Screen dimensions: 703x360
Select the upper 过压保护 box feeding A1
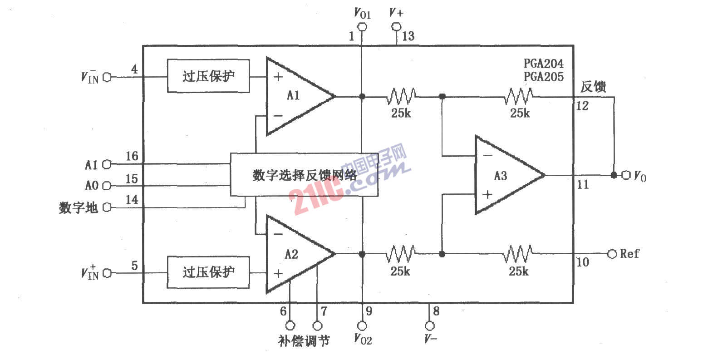[208, 76]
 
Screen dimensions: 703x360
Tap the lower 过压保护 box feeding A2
[208, 272]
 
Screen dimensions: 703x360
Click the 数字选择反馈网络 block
[304, 175]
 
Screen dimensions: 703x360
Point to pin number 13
[408, 36]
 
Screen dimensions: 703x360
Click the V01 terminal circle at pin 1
[363, 27]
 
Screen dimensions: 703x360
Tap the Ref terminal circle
[612, 254]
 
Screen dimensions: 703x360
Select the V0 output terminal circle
[626, 175]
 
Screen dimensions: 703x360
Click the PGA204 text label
[544, 64]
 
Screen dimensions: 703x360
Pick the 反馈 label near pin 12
[593, 87]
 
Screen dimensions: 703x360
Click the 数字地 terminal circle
[107, 207]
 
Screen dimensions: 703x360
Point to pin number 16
[132, 156]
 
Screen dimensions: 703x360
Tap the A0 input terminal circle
[107, 186]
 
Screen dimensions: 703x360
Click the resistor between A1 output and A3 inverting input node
[401, 96]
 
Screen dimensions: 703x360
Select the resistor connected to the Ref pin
[518, 254]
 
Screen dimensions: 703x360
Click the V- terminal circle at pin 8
[430, 326]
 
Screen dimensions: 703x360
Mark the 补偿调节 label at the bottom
[304, 341]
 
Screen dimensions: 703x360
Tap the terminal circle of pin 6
[290, 325]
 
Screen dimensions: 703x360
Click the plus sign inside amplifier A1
[278, 77]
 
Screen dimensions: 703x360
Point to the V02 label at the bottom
[363, 339]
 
